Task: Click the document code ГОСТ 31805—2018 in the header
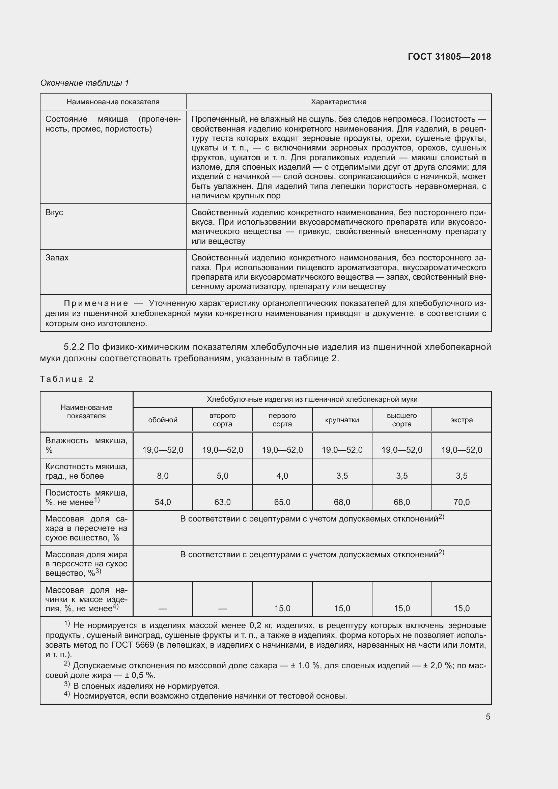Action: pos(449,57)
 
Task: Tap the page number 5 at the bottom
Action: pos(488,716)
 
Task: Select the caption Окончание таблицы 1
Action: pos(85,83)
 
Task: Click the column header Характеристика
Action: pos(338,102)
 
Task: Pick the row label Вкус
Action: pos(54,213)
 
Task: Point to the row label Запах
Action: pos(57,258)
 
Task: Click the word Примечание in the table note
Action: pos(96,303)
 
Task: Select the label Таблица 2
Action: pos(67,379)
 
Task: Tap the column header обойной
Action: pos(163,420)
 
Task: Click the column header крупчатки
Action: pos(342,420)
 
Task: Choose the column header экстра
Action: pos(462,420)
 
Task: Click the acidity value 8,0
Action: pos(163,476)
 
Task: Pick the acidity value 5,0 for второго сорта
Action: pos(222,476)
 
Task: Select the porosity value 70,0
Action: pos(462,502)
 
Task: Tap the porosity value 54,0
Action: pos(163,502)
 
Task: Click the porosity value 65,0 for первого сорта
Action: pos(282,502)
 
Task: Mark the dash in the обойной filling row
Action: pos(163,609)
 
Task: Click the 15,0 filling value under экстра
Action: pos(462,609)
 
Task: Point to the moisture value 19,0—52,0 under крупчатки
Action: pos(342,450)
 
